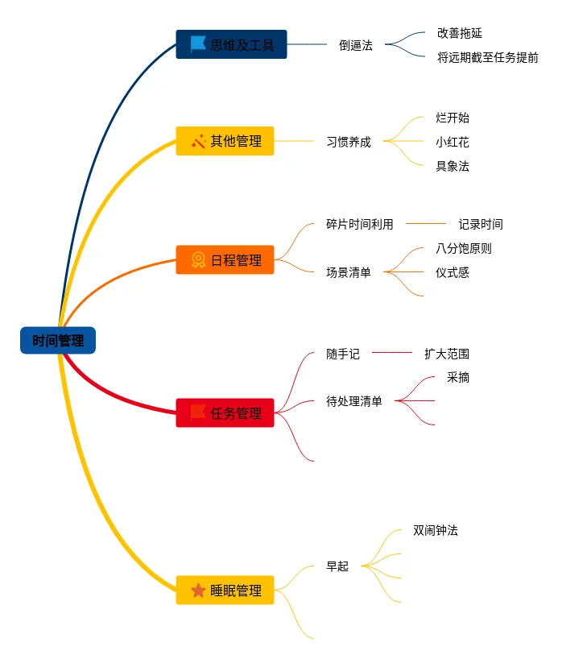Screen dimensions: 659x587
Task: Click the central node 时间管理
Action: tap(58, 341)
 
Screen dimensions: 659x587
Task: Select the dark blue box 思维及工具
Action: tap(231, 44)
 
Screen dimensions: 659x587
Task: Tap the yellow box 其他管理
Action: tap(225, 141)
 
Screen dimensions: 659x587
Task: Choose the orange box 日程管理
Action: tap(225, 260)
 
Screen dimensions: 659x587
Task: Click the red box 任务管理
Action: tap(225, 413)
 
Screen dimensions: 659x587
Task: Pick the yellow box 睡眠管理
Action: tap(225, 591)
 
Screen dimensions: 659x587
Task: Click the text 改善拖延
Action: tap(459, 33)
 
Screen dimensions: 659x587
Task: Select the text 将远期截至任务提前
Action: tap(487, 57)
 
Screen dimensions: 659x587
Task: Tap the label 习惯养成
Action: tap(349, 142)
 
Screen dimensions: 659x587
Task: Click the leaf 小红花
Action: tap(452, 142)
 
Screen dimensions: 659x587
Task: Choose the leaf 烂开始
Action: tap(452, 118)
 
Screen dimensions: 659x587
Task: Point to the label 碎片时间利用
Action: tap(359, 224)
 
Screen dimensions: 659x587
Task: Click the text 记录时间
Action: tap(480, 224)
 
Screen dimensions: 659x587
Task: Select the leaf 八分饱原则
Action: tap(463, 248)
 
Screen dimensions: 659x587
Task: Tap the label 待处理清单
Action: tap(353, 401)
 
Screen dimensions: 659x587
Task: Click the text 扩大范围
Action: tap(446, 353)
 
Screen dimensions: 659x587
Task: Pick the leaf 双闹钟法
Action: tap(435, 530)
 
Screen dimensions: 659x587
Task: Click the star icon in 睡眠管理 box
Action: tap(198, 591)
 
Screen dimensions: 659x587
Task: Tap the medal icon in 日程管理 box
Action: tap(198, 260)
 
